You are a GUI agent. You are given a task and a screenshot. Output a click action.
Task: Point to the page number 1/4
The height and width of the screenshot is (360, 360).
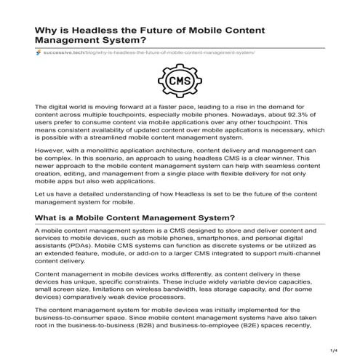coord(332,351)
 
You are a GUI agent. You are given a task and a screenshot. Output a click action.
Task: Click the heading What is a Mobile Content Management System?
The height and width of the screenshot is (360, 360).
coord(135,217)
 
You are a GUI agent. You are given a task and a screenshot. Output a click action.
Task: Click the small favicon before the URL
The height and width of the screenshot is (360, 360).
coord(38,53)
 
